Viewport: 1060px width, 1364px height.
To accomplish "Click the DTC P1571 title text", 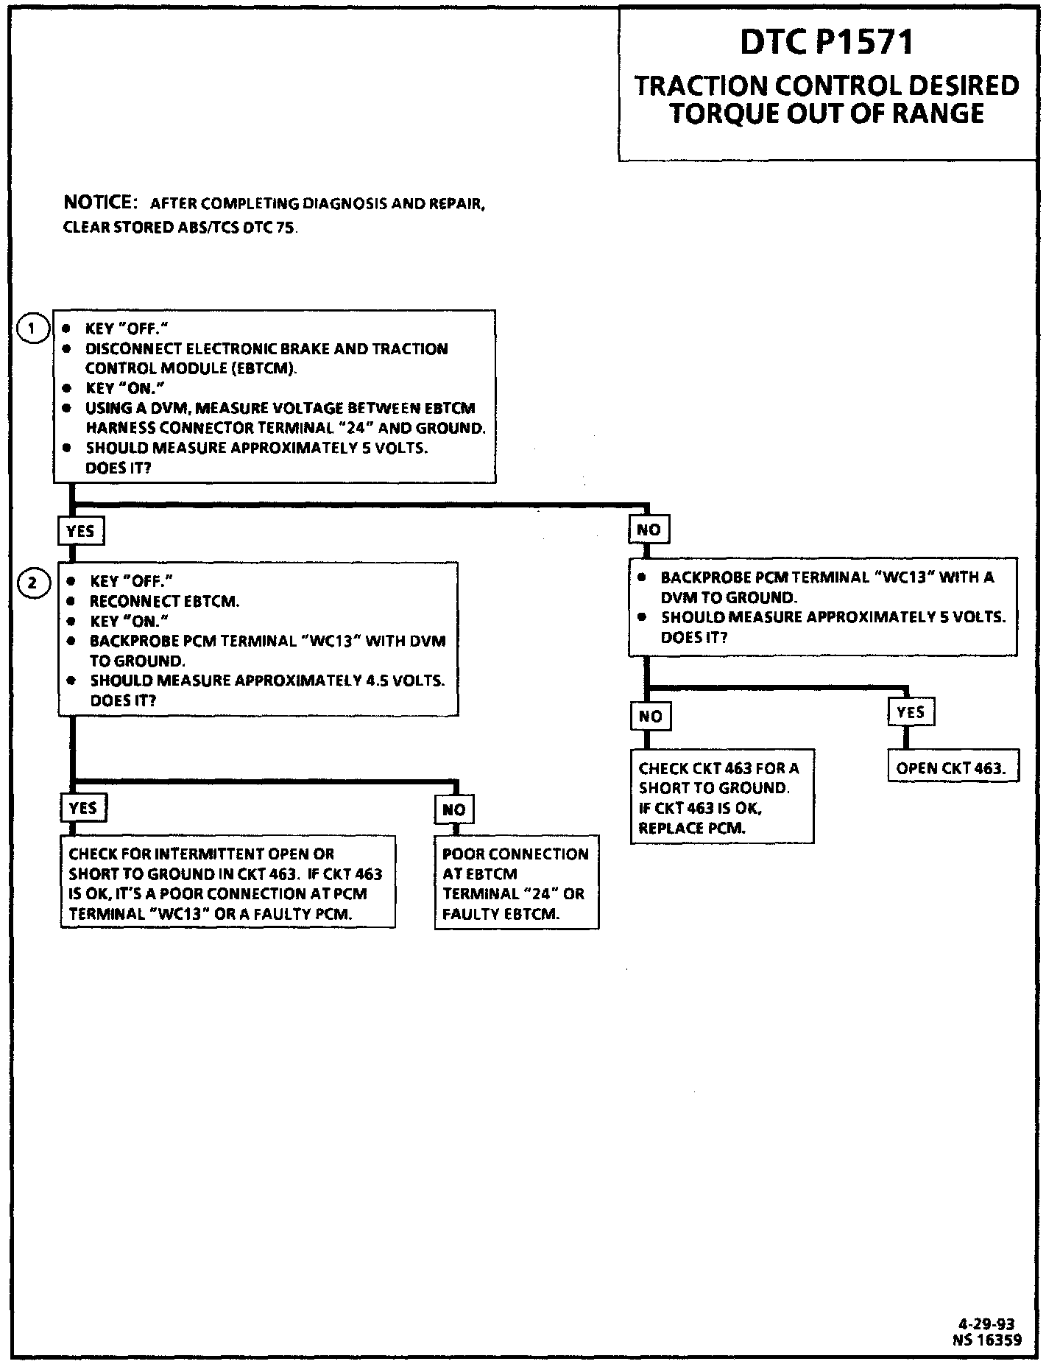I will point(827,42).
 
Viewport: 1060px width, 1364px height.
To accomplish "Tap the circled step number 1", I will point(32,328).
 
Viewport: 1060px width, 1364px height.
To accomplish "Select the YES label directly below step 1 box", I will point(80,531).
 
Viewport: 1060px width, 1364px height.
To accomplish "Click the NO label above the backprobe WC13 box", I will point(649,530).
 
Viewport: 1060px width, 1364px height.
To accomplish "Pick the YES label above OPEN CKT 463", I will point(911,712).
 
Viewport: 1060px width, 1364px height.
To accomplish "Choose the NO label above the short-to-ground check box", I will point(651,716).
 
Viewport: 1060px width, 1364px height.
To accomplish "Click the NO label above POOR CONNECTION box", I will point(453,809).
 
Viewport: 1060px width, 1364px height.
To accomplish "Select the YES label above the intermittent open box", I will point(82,807).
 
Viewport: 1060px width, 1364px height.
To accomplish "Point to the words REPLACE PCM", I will point(692,828).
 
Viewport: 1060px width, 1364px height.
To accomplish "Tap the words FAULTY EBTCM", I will point(501,914).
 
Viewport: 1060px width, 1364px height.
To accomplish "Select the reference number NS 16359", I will point(986,1340).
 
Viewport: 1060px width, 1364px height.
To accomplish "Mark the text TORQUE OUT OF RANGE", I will point(827,113).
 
